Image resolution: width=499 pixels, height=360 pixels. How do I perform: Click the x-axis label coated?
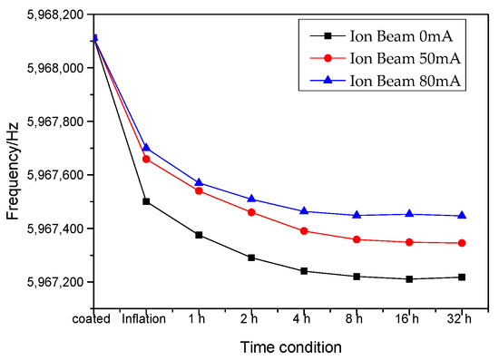(x=94, y=317)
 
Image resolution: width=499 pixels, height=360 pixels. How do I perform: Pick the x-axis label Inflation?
(x=145, y=317)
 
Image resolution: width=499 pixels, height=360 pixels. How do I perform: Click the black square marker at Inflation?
(x=146, y=201)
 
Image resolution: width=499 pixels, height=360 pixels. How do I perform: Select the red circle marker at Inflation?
(x=146, y=159)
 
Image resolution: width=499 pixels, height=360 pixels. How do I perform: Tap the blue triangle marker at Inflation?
(x=146, y=148)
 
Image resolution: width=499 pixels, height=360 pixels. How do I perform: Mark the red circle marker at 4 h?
(x=304, y=231)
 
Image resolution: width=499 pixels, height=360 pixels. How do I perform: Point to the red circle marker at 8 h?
(x=357, y=239)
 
